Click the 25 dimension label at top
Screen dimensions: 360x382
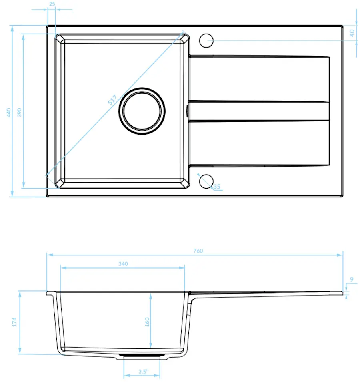(x=52, y=4)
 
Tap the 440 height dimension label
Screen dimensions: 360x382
(x=9, y=112)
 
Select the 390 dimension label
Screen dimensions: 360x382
(x=19, y=112)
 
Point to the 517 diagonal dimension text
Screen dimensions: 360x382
(x=112, y=100)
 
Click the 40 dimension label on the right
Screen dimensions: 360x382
(x=352, y=33)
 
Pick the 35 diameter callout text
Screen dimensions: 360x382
(x=217, y=186)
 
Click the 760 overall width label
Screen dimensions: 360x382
(x=198, y=251)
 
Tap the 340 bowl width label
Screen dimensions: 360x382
(x=123, y=264)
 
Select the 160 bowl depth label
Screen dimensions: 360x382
(x=147, y=322)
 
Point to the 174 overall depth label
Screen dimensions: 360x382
(x=14, y=322)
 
